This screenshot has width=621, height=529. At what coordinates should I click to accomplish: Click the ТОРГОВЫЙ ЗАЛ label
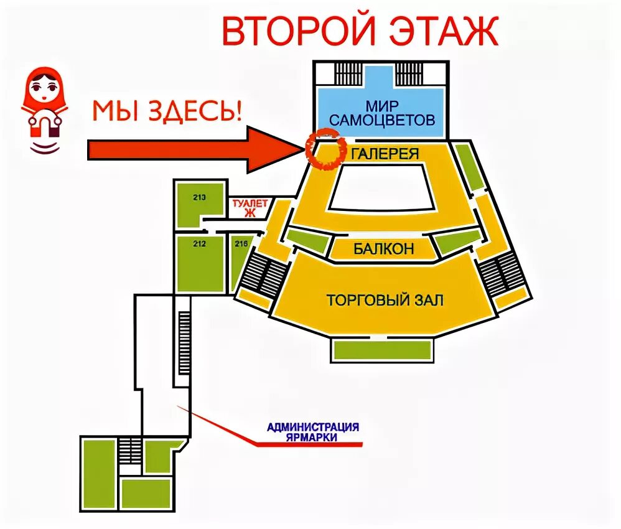point(385,301)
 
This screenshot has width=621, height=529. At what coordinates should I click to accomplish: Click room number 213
point(200,198)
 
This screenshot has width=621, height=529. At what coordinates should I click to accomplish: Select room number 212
point(199,243)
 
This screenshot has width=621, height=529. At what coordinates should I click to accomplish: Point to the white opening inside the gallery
point(380,190)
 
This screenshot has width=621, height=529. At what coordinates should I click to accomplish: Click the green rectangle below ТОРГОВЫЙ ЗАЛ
point(382,350)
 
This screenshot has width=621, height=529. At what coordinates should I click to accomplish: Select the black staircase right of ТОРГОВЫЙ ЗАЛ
point(503,274)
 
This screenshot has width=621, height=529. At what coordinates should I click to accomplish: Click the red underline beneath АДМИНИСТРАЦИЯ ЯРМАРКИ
point(311,444)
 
